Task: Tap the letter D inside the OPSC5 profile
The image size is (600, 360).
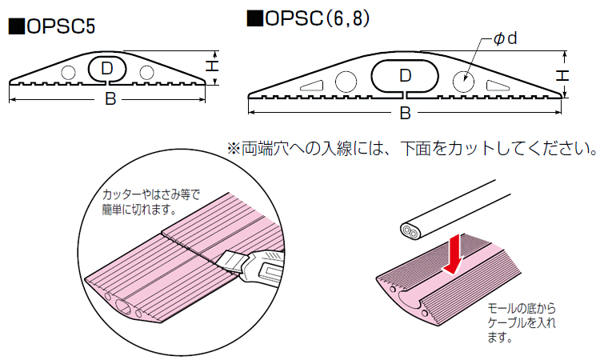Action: coord(106,70)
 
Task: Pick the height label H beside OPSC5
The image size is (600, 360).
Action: coord(211,69)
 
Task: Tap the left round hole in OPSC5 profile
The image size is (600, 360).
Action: coord(69,72)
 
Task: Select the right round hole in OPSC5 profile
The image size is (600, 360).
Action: coord(145,72)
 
